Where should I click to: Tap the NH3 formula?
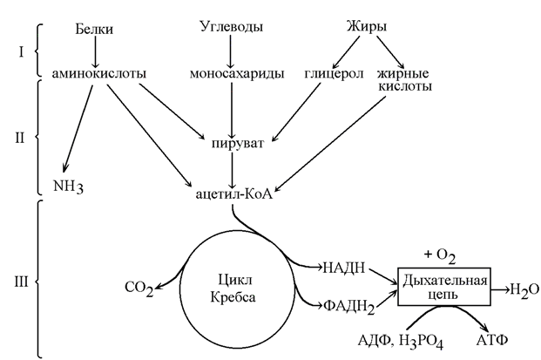coord(71,185)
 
